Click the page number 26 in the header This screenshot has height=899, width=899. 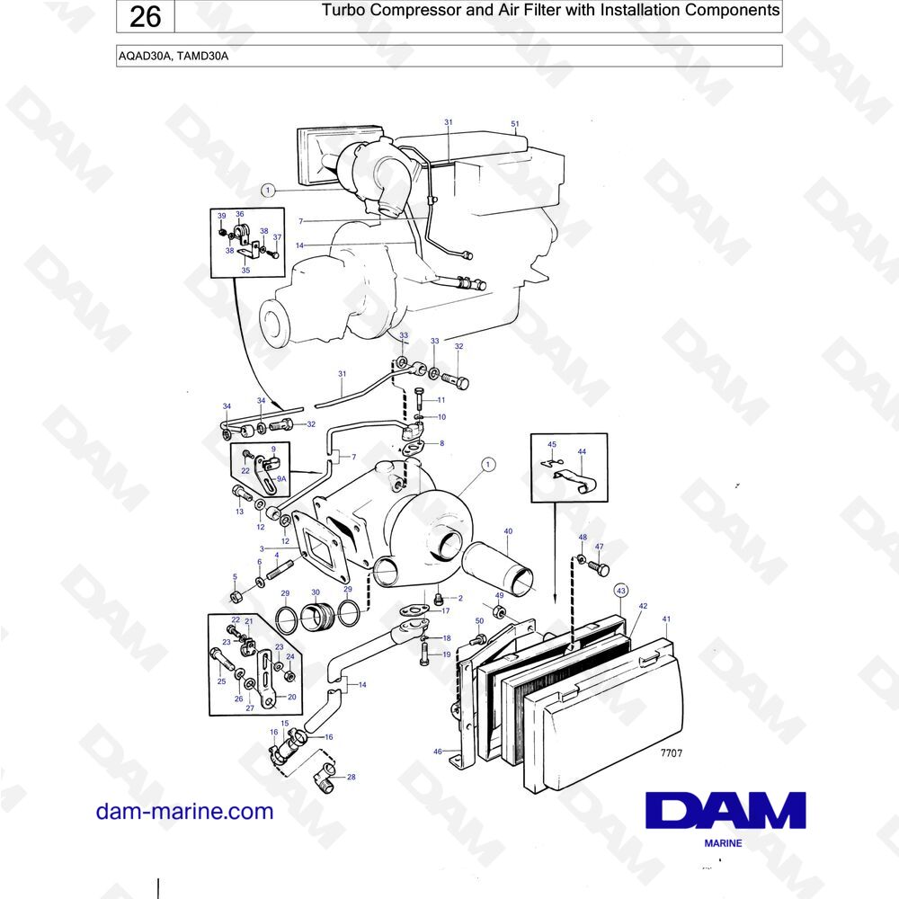coord(145,16)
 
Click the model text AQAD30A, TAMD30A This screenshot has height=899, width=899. coord(174,56)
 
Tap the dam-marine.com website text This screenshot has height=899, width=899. coord(184,811)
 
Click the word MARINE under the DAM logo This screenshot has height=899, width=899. coord(723,843)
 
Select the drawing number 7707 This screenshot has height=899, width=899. coord(672,752)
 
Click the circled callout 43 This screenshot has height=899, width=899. coord(621,591)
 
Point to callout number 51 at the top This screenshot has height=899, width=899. coord(515,124)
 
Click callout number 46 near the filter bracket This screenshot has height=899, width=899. coord(438,751)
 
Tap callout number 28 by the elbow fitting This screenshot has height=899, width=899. coord(352,777)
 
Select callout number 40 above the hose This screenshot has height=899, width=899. coord(508,531)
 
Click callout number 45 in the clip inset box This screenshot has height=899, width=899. coord(552,444)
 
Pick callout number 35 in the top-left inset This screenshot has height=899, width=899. coord(245,270)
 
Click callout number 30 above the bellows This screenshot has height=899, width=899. coord(316,592)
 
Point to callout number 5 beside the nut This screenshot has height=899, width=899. coord(235,577)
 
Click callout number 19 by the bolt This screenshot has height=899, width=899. coord(447,654)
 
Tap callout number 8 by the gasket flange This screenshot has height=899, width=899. coord(442,443)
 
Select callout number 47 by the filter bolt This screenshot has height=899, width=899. coord(599,547)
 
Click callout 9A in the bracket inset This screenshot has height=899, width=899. coord(281,479)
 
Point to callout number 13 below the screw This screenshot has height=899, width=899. coord(240,512)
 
